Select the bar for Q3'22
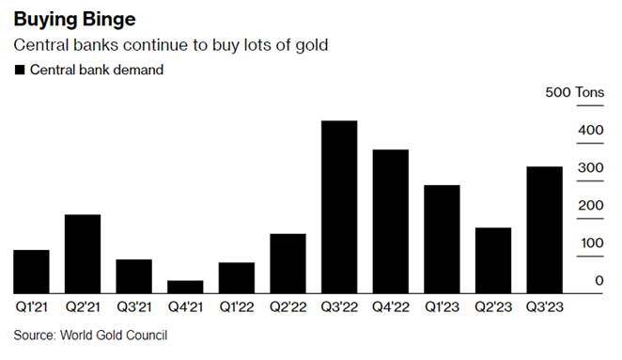pos(339,207)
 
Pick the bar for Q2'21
pos(83,254)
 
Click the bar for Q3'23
pos(544,229)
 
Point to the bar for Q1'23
pos(442,239)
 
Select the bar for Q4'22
pos(391,221)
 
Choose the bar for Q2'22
pos(288,263)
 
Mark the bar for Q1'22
pos(237,277)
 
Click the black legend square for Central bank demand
pos(20,70)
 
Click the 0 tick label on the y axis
pos(599,281)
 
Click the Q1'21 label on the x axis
pos(31,305)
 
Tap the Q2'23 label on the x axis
pos(493,305)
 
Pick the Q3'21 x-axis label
pos(133,305)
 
